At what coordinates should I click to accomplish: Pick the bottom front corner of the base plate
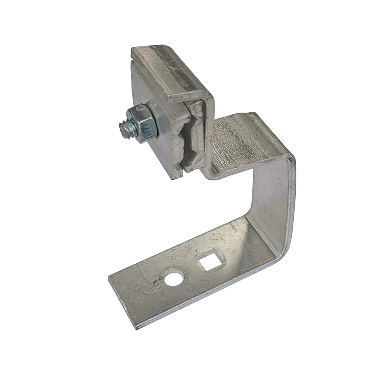(136, 327)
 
